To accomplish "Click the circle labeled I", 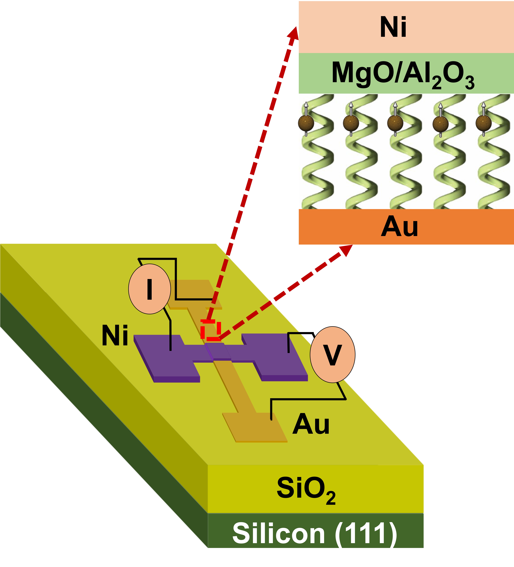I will pyautogui.click(x=149, y=289).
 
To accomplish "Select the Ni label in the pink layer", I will pyautogui.click(x=393, y=27).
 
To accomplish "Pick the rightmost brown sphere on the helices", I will pyautogui.click(x=483, y=123).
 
